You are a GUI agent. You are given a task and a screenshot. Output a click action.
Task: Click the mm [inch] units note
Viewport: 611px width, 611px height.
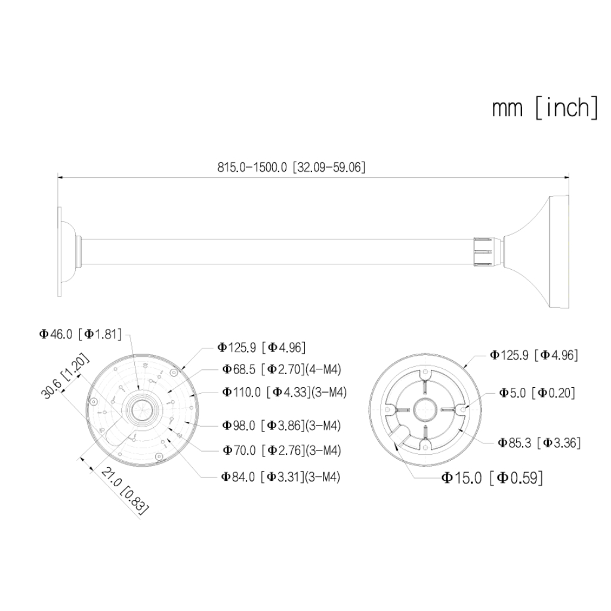pos(544,108)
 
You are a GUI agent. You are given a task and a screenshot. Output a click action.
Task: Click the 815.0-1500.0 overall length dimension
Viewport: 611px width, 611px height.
pos(291,168)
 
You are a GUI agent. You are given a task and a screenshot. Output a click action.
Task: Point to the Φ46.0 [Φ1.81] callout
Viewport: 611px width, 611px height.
pos(81,334)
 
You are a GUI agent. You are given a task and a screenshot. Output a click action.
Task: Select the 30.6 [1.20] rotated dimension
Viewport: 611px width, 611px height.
pos(66,376)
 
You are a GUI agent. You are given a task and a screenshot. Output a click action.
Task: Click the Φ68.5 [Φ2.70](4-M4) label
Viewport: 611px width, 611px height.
pos(282,369)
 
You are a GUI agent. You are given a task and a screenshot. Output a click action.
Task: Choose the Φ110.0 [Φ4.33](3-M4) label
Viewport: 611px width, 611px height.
pos(284,392)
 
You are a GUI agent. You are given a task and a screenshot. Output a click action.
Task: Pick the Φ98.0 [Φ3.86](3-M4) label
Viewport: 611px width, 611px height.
pos(282,425)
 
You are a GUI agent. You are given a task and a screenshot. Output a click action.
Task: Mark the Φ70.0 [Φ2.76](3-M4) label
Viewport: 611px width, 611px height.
pos(282,450)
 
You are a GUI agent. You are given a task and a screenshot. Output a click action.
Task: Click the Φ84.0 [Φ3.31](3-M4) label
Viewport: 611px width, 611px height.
pos(280,477)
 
